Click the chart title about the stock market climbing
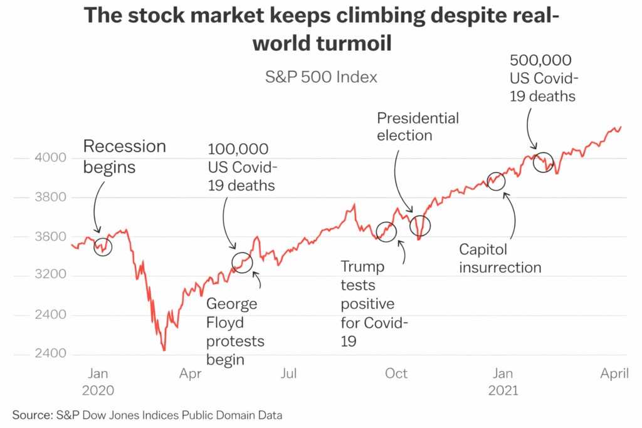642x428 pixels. pyautogui.click(x=320, y=29)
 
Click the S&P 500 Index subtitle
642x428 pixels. pyautogui.click(x=321, y=77)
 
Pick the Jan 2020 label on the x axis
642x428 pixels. pyautogui.click(x=98, y=382)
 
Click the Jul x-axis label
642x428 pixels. pyautogui.click(x=288, y=374)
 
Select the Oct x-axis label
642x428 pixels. pyautogui.click(x=396, y=374)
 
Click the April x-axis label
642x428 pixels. pyautogui.click(x=614, y=374)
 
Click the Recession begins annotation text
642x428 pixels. pyautogui.click(x=125, y=157)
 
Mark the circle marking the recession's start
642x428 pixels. pyautogui.click(x=103, y=246)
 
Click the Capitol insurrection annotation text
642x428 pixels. pyautogui.click(x=500, y=258)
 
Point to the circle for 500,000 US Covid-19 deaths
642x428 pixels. pyautogui.click(x=544, y=162)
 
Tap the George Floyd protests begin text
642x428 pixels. pyautogui.click(x=235, y=332)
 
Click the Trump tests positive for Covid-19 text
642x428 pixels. pyautogui.click(x=374, y=304)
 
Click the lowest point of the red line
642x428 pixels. pyautogui.click(x=164, y=350)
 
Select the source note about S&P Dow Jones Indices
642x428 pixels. pyautogui.click(x=147, y=415)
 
